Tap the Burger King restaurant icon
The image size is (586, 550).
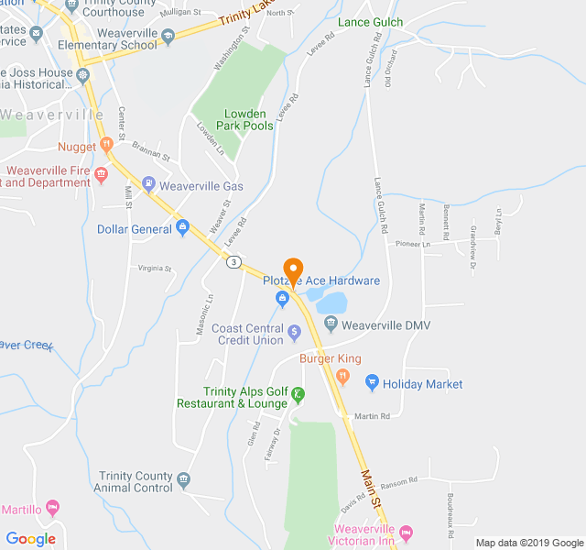[x=343, y=375]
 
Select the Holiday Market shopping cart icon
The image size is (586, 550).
[x=372, y=383]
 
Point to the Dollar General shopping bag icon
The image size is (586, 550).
[x=183, y=227]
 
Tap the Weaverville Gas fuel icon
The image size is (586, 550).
[x=148, y=185]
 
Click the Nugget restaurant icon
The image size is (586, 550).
[x=106, y=144]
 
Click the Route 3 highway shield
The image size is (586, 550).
[x=235, y=262]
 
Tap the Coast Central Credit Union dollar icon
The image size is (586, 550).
[x=294, y=331]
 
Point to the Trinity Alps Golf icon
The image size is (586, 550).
[x=298, y=395]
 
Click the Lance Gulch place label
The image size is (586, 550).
[x=370, y=21]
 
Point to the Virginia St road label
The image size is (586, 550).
[x=155, y=269]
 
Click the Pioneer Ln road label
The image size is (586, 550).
[x=412, y=245]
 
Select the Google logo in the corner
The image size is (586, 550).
[x=31, y=539]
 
